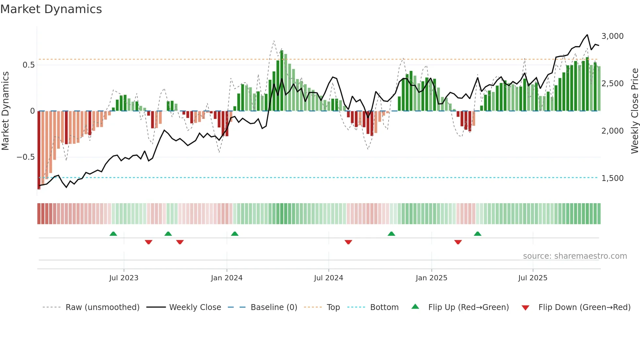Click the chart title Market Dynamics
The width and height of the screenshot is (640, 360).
(51, 9)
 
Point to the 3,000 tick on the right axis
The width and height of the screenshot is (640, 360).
(612, 36)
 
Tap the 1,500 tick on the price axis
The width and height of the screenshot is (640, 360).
(612, 178)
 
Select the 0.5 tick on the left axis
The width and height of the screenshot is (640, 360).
(29, 65)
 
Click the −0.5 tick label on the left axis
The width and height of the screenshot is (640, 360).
(26, 157)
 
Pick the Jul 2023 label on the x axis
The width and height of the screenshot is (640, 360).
(124, 278)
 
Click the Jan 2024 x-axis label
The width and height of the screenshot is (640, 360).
(227, 278)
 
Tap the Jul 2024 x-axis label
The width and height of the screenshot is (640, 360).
(328, 278)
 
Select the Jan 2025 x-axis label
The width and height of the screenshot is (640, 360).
(431, 278)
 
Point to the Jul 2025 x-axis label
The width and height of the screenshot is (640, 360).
(533, 278)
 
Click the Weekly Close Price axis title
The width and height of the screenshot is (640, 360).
(634, 111)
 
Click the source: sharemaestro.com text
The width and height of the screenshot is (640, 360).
(575, 256)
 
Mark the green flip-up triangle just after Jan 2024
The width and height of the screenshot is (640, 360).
(234, 234)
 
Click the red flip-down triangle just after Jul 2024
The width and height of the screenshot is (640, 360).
(348, 242)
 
